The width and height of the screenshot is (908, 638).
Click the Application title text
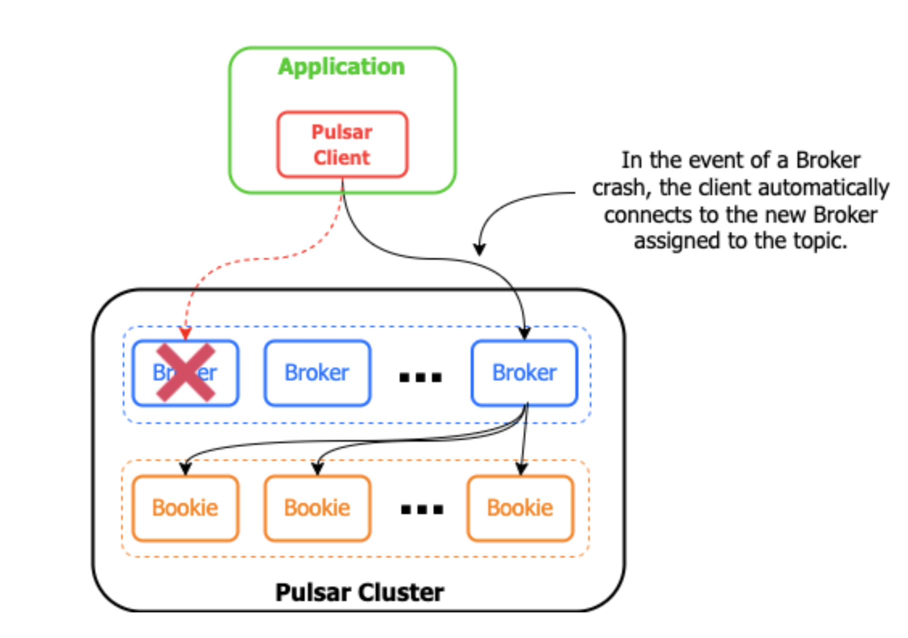click(341, 67)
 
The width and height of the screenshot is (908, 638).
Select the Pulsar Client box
click(342, 144)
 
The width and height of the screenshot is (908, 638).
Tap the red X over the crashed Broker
click(185, 372)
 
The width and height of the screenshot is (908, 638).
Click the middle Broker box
click(317, 373)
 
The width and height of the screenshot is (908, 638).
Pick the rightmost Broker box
click(524, 373)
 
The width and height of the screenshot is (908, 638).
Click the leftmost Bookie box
click(185, 508)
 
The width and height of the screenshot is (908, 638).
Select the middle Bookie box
click(317, 508)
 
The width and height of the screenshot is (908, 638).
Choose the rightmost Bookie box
click(520, 508)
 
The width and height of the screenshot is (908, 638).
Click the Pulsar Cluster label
click(359, 592)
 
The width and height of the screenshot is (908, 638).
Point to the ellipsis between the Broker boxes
click(420, 377)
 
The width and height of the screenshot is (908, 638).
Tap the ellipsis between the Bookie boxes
click(422, 509)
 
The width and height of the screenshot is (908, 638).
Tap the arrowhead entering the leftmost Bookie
click(185, 468)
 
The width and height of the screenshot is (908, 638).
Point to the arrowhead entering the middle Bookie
click(317, 468)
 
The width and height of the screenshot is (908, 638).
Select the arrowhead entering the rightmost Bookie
click(521, 468)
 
